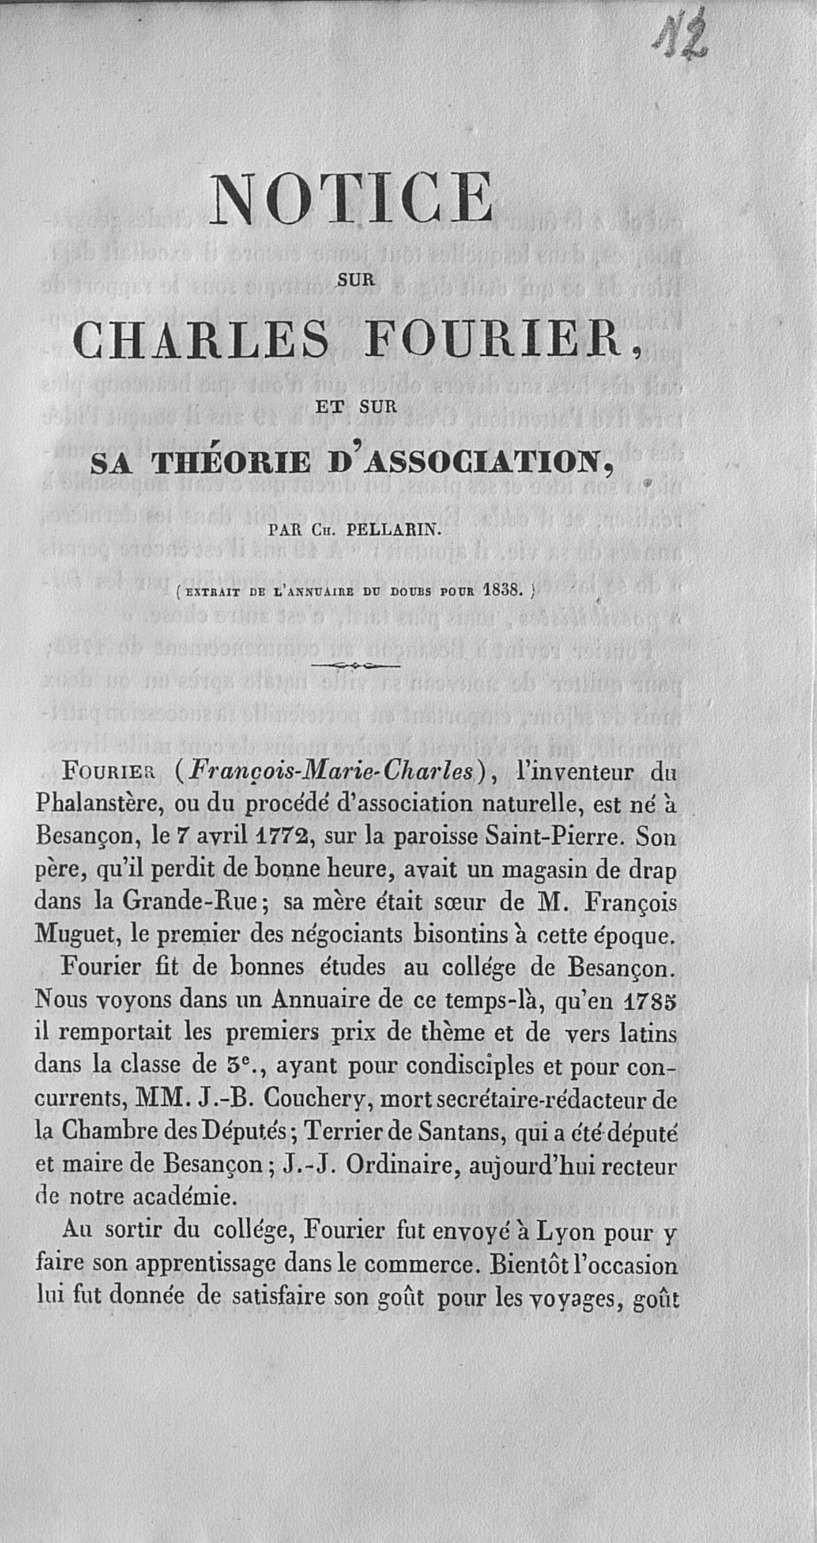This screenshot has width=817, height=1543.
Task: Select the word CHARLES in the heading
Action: pyautogui.click(x=201, y=339)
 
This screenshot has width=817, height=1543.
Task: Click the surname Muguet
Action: pyautogui.click(x=71, y=937)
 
